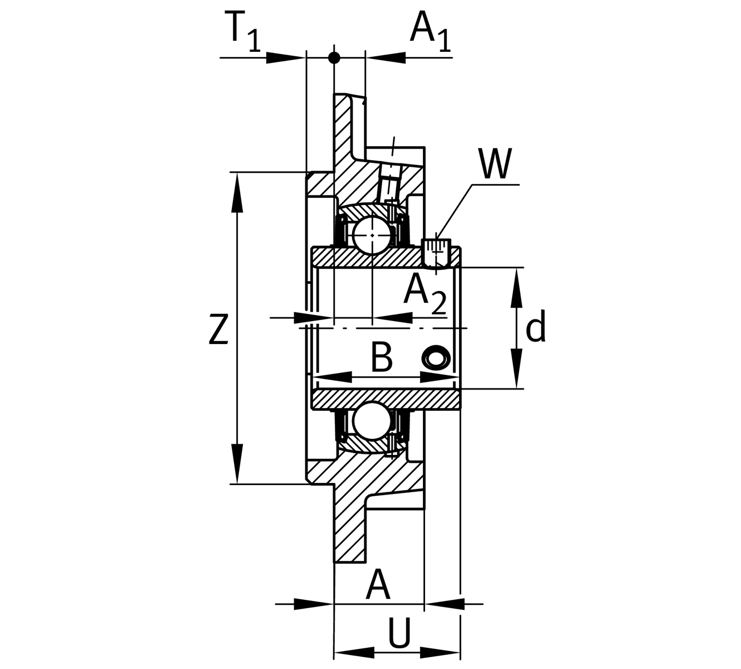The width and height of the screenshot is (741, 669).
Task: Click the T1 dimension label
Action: (244, 32)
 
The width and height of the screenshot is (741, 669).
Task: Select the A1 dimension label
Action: (430, 31)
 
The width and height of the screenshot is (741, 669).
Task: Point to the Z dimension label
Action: (219, 329)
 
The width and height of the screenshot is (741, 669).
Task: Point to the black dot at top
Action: (334, 57)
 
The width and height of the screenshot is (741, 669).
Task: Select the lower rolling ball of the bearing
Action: (371, 421)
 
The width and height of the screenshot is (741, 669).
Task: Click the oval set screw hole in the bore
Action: (436, 357)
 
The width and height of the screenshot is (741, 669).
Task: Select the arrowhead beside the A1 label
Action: (385, 57)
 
